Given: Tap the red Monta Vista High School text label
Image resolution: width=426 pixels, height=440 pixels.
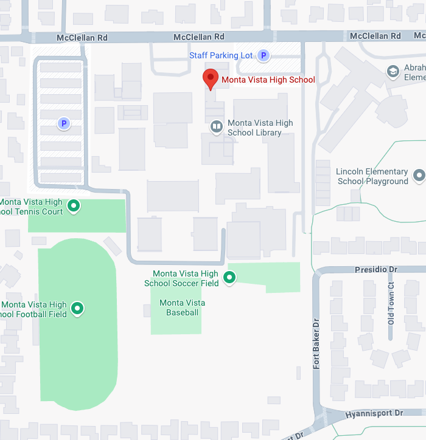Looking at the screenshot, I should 268,80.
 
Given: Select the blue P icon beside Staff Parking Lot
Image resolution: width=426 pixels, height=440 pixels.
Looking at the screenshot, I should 263,55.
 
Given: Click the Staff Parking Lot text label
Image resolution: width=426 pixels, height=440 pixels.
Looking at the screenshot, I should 221,55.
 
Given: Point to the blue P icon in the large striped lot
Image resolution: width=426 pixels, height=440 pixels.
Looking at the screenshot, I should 63,124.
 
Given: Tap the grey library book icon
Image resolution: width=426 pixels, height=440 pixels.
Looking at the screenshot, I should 216,126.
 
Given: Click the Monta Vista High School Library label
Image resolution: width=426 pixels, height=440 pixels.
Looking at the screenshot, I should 260,128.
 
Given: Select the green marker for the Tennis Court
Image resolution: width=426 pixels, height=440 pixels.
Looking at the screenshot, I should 74,207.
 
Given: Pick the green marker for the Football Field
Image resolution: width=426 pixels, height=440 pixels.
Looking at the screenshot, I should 77,309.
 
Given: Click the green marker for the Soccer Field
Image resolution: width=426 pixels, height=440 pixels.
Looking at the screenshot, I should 229,278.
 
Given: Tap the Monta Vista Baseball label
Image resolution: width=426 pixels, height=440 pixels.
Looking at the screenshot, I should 182,308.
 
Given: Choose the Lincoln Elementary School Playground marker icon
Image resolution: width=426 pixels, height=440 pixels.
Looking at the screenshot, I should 419,176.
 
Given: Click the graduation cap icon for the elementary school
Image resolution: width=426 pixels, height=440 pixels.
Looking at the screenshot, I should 393,72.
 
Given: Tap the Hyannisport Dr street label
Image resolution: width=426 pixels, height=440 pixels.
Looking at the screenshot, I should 374,413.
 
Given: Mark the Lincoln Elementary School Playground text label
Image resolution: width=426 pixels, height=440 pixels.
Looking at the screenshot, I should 372,176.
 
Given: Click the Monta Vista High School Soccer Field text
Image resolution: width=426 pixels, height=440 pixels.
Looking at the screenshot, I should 181,278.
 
